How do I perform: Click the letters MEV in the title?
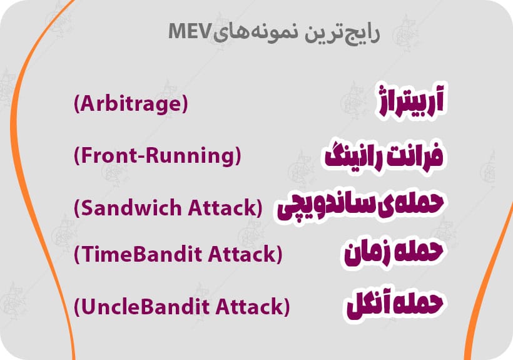click(188, 31)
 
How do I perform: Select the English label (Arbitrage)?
click(131, 104)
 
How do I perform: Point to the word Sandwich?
click(131, 208)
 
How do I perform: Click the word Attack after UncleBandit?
click(249, 307)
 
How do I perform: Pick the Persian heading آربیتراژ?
click(412, 100)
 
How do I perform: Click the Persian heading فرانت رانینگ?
click(384, 155)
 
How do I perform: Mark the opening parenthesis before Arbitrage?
click(77, 104)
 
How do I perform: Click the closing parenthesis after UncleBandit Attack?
click(287, 307)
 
